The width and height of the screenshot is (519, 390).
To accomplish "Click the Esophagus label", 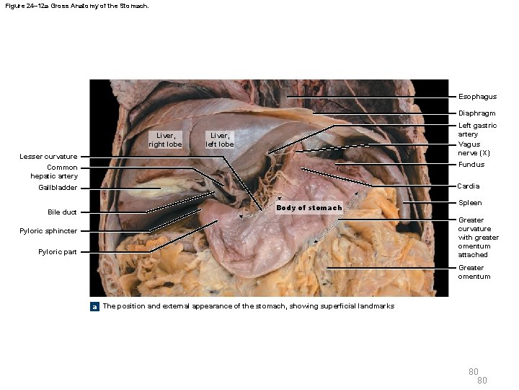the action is [477, 97].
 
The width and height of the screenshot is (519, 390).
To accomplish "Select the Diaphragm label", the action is [476, 113].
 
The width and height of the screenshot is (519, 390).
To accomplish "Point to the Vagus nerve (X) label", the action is [474, 149].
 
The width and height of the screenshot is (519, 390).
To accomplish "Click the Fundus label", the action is [471, 165].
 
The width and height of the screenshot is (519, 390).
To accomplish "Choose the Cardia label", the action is [469, 186].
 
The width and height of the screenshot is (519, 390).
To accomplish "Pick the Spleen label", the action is [470, 203].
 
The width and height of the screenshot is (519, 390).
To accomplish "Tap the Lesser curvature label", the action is [48, 157].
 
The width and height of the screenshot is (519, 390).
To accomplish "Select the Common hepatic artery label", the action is [54, 172].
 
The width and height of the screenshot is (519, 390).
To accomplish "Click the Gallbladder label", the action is [58, 188].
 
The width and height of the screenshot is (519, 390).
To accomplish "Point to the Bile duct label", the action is [62, 212].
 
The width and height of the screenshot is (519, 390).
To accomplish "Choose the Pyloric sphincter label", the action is [48, 231].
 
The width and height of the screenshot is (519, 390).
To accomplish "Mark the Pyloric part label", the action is [58, 252].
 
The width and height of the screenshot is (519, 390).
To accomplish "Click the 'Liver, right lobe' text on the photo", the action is [165, 139].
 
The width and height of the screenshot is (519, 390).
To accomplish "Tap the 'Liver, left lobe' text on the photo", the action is [220, 139].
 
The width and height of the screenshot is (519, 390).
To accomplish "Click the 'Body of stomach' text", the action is [309, 208].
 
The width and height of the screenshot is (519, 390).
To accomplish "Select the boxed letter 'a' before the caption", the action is [94, 306].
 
